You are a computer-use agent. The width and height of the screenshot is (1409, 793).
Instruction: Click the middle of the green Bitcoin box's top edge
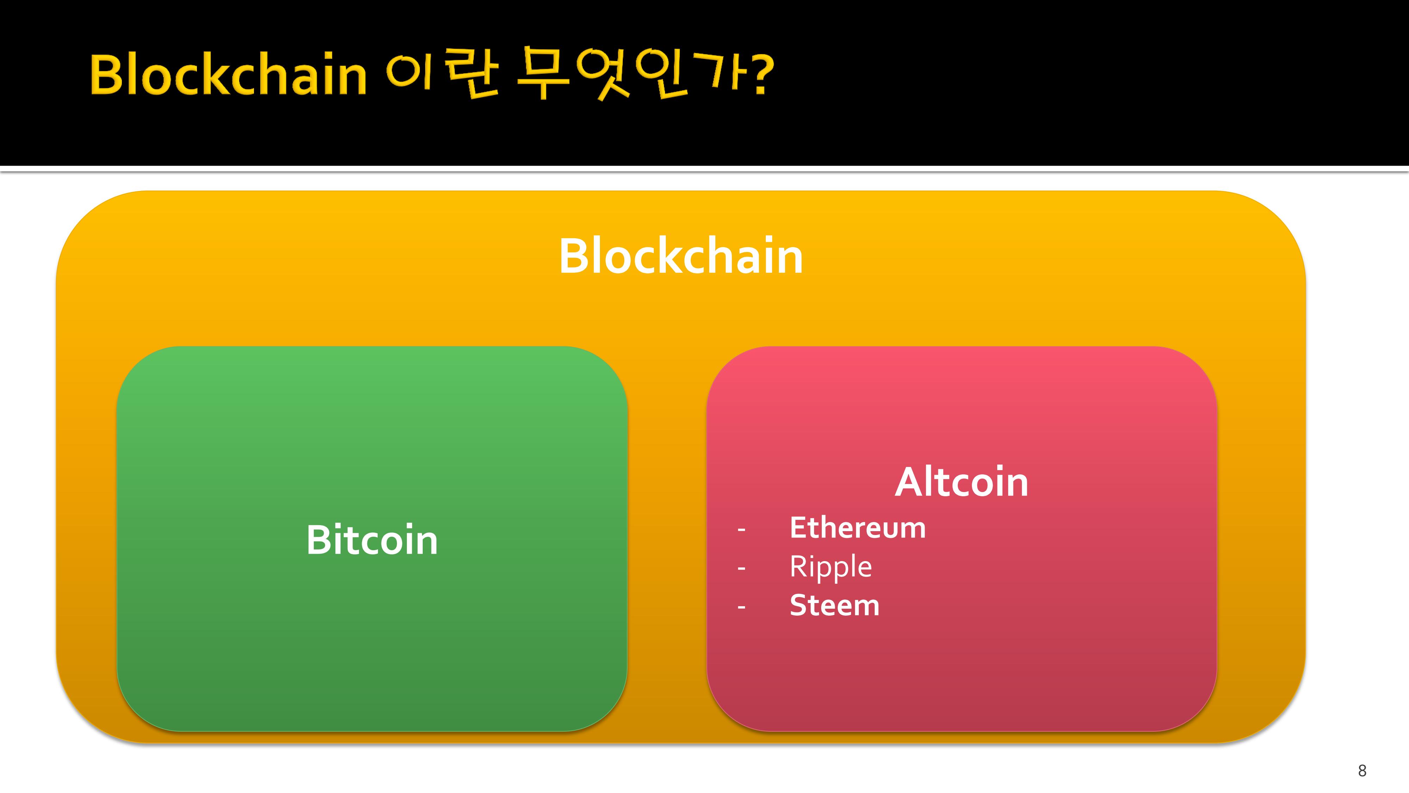[x=372, y=346]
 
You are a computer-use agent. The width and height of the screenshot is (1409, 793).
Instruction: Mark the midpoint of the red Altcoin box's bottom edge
[x=962, y=731]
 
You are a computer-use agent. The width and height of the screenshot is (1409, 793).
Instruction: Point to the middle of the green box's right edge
[x=627, y=539]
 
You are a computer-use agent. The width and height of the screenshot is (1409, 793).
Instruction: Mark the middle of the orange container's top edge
[x=681, y=191]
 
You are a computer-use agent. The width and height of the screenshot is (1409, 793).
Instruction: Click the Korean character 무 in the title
[x=543, y=74]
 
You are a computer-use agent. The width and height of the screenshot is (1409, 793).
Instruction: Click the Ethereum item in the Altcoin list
[x=858, y=528]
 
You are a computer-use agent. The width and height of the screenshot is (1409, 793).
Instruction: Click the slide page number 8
[x=1362, y=770]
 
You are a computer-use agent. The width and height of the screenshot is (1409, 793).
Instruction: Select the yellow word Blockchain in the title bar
[x=228, y=74]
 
